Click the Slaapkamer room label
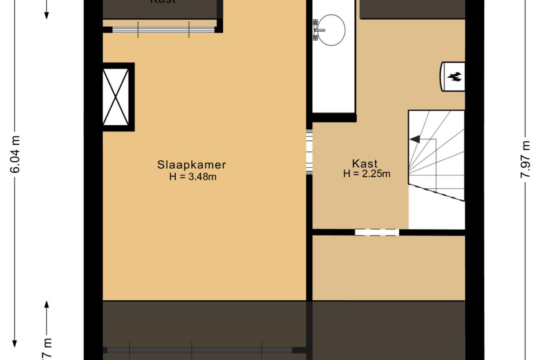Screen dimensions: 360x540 point(192,165)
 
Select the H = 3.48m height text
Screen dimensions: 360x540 point(192,177)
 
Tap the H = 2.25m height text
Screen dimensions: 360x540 point(367,174)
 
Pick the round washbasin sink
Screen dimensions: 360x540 point(331,30)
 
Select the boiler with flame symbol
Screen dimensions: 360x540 point(453,76)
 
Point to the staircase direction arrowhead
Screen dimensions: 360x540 point(415,139)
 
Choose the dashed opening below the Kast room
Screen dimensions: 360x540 point(377,232)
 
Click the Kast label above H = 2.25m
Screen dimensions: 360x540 point(365,163)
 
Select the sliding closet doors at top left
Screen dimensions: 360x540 point(163,30)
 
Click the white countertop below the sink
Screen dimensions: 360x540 point(334,80)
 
